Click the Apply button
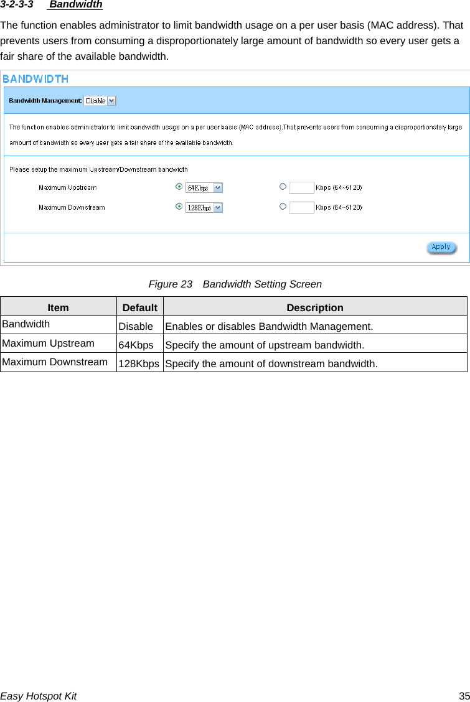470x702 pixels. pyautogui.click(x=441, y=247)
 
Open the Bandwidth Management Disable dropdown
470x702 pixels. pyautogui.click(x=100, y=101)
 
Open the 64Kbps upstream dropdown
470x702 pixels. pyautogui.click(x=204, y=187)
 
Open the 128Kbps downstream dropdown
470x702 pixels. pyautogui.click(x=204, y=207)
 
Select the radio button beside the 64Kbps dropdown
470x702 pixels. pyautogui.click(x=179, y=186)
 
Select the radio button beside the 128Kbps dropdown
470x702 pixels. pyautogui.click(x=179, y=206)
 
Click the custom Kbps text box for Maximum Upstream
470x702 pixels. pyautogui.click(x=302, y=187)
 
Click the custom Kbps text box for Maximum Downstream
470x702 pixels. pyautogui.click(x=302, y=207)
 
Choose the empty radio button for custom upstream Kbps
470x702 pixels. pyautogui.click(x=283, y=186)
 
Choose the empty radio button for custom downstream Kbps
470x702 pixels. pyautogui.click(x=283, y=206)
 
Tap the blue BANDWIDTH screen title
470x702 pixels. pyautogui.click(x=35, y=79)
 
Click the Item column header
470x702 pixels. pyautogui.click(x=58, y=307)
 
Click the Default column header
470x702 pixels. pyautogui.click(x=139, y=307)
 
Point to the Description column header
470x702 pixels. pyautogui.click(x=314, y=307)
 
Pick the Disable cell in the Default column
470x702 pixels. pyautogui.click(x=136, y=326)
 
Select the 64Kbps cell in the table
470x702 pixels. pyautogui.click(x=136, y=345)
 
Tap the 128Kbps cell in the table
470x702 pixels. pyautogui.click(x=139, y=363)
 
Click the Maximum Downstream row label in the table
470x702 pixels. pyautogui.click(x=55, y=362)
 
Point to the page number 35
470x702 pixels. pyautogui.click(x=464, y=696)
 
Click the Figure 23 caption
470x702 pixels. pyautogui.click(x=235, y=284)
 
